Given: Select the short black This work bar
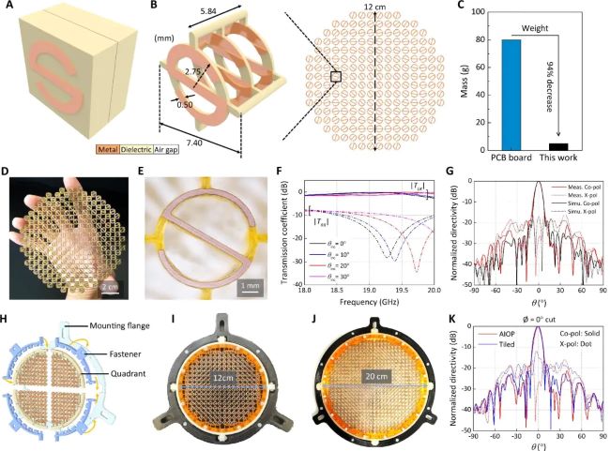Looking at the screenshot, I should pos(558,146).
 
